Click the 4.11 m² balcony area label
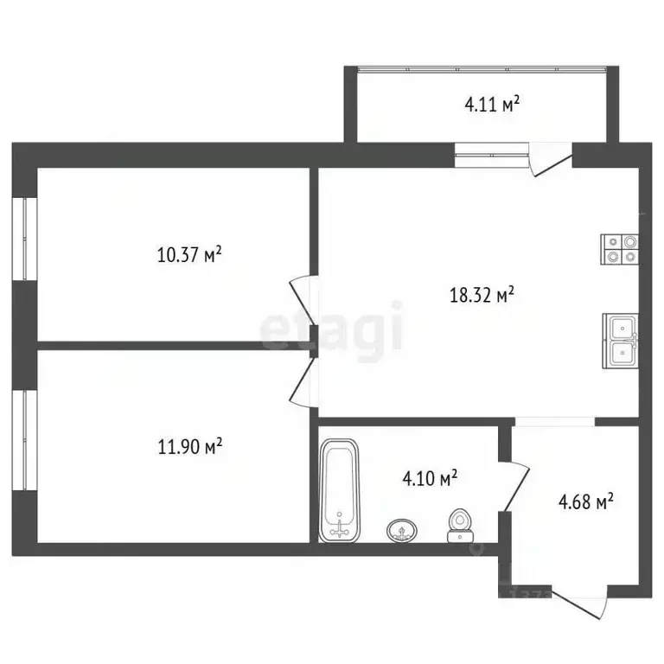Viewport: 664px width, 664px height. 492,104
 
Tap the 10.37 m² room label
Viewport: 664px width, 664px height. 189,255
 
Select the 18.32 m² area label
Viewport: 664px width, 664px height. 482,295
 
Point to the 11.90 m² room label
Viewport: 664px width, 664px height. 190,446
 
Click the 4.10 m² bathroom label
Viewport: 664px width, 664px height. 430,478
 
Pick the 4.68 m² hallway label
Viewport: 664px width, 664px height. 586,501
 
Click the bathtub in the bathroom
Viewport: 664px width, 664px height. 339,491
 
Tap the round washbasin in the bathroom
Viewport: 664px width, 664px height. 402,531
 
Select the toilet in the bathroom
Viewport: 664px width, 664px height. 460,526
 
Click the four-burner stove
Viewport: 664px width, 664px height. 620,249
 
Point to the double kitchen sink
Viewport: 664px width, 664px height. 621,342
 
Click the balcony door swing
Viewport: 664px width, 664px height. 550,159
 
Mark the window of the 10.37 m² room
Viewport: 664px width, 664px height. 24,239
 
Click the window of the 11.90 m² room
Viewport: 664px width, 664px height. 24,440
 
